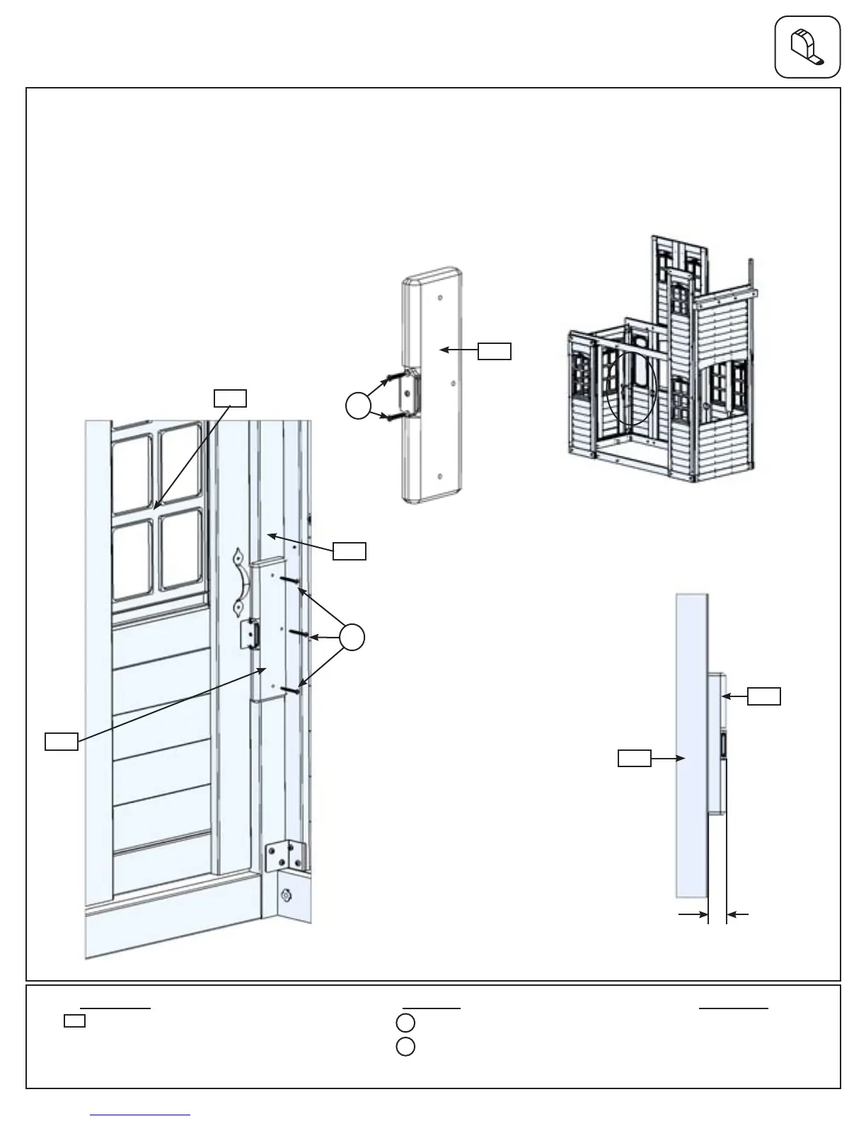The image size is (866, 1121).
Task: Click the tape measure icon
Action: coord(807,47)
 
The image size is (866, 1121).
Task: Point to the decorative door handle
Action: coord(241,582)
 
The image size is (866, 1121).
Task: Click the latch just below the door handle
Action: coord(250,634)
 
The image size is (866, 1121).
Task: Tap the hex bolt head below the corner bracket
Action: coord(287,896)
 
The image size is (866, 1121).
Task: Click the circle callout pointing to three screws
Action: coord(352,637)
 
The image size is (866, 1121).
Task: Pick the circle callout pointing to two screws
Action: coord(358,405)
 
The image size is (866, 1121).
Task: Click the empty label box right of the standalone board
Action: coord(494,350)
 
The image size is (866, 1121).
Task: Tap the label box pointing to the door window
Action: coord(230,398)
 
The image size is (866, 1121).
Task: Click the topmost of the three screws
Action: coord(291,581)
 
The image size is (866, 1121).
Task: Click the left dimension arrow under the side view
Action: coord(693,915)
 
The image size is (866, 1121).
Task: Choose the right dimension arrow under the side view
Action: coord(739,915)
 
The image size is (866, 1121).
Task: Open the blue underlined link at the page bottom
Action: coord(140,1115)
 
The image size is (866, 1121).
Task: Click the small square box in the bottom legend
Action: coord(74,1021)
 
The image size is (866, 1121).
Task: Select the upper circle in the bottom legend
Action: coord(405,1023)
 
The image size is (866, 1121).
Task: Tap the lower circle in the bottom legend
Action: coord(405,1046)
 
